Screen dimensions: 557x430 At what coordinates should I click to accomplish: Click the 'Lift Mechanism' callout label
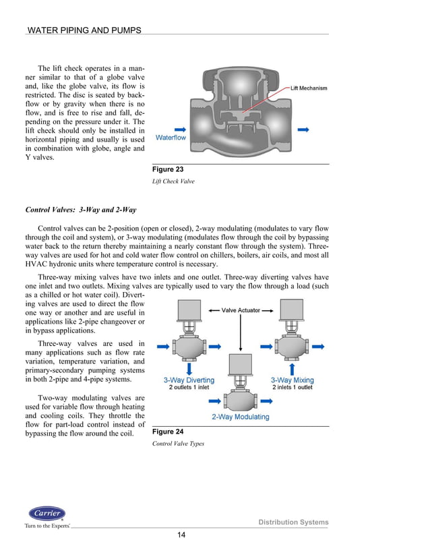[309, 88]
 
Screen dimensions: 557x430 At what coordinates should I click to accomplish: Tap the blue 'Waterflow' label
[171, 138]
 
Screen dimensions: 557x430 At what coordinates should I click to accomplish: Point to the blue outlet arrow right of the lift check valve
[303, 128]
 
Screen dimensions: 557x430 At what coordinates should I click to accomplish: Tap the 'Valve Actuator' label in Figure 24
[239, 310]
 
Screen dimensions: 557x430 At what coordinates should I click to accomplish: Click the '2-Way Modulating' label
[240, 417]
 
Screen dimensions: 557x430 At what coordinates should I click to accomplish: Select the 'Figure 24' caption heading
[168, 431]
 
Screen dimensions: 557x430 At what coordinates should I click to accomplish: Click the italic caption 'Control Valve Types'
[178, 444]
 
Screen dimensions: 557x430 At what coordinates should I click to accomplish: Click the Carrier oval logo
[47, 513]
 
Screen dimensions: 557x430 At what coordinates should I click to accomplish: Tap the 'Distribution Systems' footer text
[294, 523]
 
